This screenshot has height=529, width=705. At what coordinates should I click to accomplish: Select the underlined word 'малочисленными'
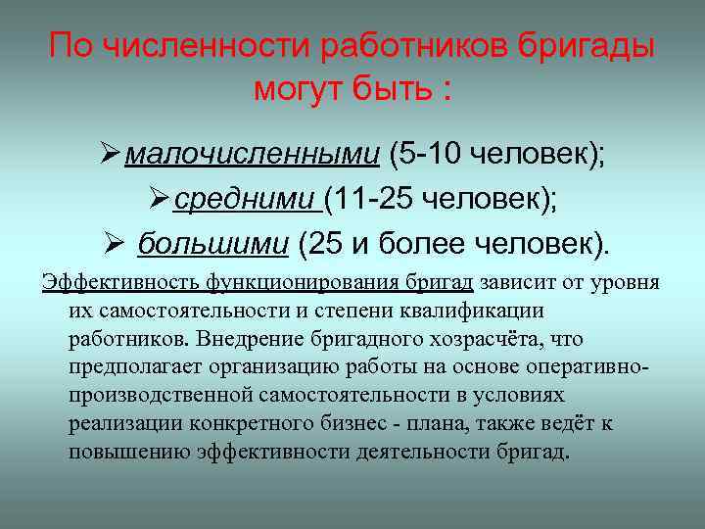[x=253, y=154]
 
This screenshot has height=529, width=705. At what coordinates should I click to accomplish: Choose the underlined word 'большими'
[x=213, y=243]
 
